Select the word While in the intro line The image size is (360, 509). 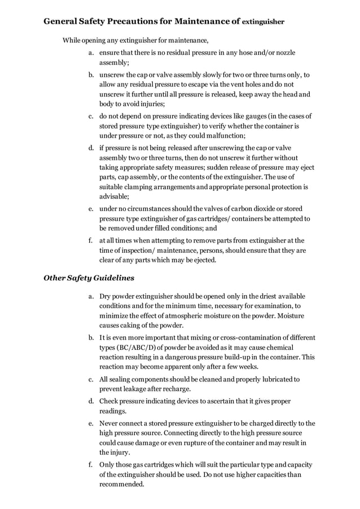pos(72,41)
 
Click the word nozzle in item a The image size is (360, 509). pos(284,53)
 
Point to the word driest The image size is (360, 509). pos(261,296)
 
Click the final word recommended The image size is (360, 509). pos(121,484)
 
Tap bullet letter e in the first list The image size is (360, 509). pos(90,208)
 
